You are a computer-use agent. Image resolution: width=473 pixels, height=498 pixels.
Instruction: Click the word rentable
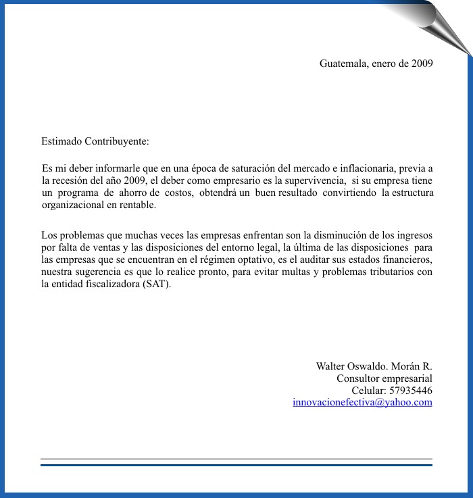coord(137,205)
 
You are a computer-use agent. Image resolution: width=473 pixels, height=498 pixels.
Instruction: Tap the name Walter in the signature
coord(331,366)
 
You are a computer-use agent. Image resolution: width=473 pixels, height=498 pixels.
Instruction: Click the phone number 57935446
coord(411,390)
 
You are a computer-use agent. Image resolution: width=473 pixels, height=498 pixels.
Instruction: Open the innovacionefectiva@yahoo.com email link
coord(362,402)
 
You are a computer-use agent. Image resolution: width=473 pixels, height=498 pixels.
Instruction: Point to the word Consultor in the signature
coord(358,378)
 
